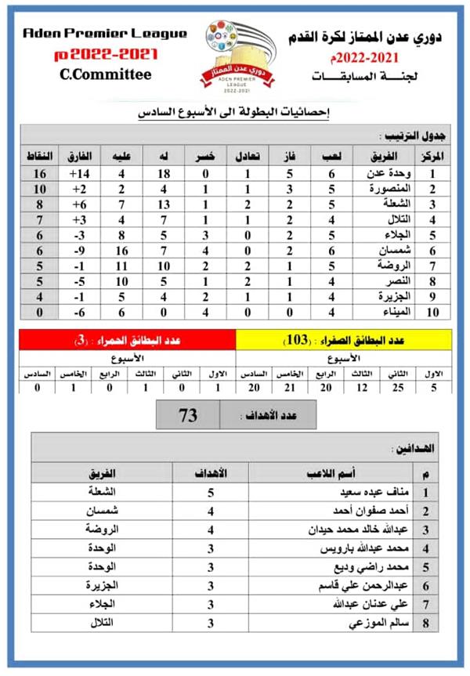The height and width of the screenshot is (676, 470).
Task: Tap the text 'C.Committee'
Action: click(106, 75)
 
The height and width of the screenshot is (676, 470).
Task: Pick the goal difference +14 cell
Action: click(81, 173)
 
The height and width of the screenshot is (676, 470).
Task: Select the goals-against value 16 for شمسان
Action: click(122, 250)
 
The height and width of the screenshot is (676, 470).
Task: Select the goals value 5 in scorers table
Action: click(210, 493)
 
